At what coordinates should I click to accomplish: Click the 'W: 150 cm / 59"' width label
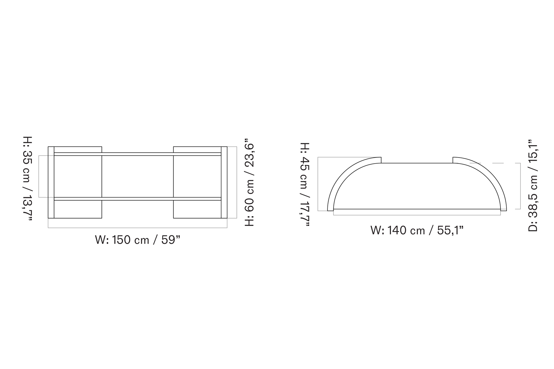tap(137, 240)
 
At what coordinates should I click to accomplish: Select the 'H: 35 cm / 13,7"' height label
tap(27, 178)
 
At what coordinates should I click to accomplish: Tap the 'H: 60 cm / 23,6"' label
tap(250, 184)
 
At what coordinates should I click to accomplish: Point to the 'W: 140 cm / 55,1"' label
tap(417, 230)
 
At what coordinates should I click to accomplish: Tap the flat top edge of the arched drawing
tap(417, 163)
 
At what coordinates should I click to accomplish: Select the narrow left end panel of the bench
tap(51, 182)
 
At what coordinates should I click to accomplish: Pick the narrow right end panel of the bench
tap(224, 182)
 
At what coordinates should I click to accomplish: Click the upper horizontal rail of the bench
tap(138, 154)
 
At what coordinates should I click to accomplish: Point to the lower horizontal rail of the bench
tap(138, 199)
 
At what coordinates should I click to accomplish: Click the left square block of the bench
tap(78, 177)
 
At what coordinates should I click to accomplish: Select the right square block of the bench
tap(197, 177)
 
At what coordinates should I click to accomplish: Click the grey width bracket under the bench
tap(138, 228)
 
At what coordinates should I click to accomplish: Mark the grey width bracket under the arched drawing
tap(417, 215)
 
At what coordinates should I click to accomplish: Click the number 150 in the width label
tap(122, 240)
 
